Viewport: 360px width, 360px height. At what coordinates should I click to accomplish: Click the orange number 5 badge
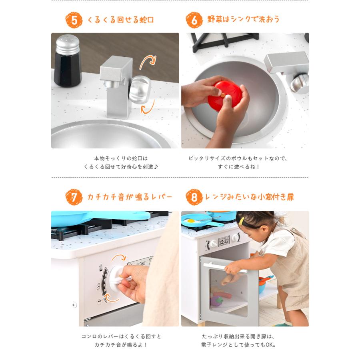74,20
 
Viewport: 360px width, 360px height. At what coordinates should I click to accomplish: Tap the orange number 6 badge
194,20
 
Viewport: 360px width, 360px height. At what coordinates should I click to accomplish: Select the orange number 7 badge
74,197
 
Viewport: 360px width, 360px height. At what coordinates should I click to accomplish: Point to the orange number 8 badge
194,197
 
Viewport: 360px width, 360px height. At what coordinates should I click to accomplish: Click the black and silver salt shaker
68,61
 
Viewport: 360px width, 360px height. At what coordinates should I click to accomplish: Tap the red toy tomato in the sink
225,96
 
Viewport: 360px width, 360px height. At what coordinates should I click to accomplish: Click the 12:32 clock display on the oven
224,241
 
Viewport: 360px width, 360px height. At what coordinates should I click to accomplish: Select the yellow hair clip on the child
241,221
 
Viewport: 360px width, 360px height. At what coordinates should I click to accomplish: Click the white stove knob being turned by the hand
119,278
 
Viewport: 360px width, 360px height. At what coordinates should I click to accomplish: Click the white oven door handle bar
225,268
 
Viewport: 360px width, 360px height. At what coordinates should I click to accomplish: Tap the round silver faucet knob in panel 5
140,89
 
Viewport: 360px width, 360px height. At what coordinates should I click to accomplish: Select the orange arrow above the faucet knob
148,62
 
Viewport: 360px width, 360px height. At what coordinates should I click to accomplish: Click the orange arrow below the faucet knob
148,107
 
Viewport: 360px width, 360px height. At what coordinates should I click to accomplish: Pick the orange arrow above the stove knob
119,258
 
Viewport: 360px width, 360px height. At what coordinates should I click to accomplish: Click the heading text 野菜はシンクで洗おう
243,19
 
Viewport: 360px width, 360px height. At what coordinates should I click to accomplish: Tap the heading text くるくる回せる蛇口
120,20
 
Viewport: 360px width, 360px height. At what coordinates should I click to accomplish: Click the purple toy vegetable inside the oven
216,300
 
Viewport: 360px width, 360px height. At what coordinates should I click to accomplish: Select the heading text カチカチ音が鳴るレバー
130,197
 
